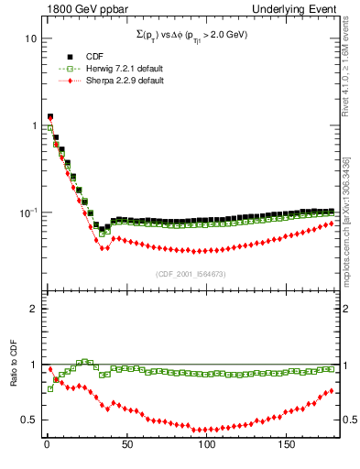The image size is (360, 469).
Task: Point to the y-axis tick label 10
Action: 31,39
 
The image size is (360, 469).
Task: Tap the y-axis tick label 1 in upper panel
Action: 34,125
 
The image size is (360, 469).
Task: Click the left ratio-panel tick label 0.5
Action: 29,420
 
